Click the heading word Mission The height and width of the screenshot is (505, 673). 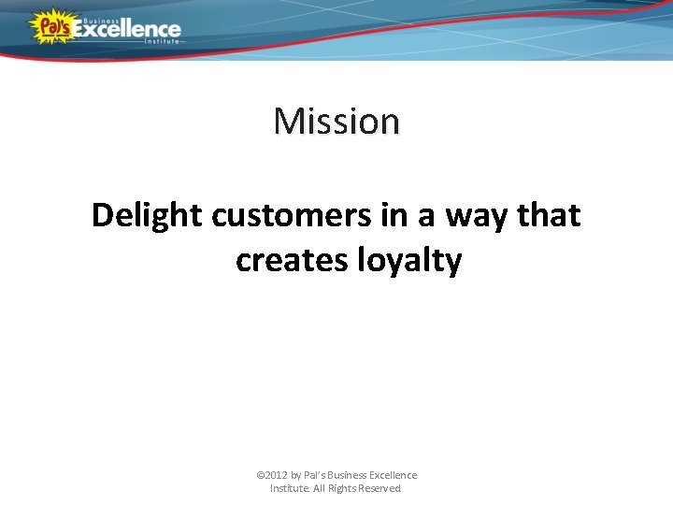pos(336,121)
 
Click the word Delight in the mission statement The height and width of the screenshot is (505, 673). pos(148,216)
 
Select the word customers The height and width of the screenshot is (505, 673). pos(292,216)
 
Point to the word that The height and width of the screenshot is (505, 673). pos(549,216)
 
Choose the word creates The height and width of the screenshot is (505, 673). pos(292,261)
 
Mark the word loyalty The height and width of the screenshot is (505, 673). pos(409,261)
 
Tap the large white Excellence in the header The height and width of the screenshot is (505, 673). pos(127,29)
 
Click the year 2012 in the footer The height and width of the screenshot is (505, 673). pos(277,475)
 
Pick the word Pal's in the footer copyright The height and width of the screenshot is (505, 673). pos(315,475)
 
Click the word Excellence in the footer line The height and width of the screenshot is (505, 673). pos(395,475)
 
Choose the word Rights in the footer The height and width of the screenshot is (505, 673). pos(346,488)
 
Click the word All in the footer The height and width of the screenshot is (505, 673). pos(322,488)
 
